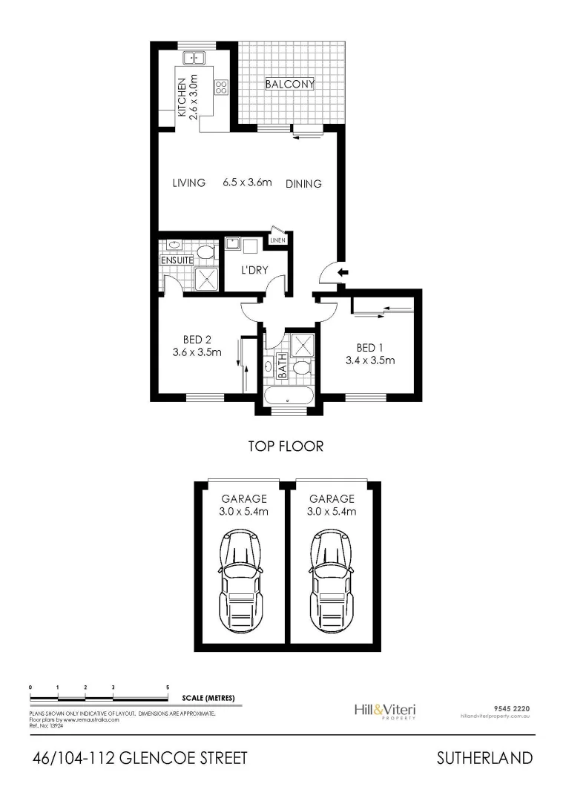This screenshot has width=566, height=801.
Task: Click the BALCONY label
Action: [x=290, y=85]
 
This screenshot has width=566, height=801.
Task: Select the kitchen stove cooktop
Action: [x=221, y=88]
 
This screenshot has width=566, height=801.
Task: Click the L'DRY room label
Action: [x=254, y=270]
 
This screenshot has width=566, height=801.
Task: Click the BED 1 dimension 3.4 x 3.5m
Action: [x=369, y=361]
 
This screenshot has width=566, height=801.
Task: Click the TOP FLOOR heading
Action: [x=286, y=446]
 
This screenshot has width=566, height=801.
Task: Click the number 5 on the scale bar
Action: [x=168, y=688]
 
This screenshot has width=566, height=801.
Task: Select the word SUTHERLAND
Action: [x=484, y=758]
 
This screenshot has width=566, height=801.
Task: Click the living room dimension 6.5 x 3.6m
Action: [x=248, y=182]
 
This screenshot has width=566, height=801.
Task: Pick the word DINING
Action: [x=303, y=184]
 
